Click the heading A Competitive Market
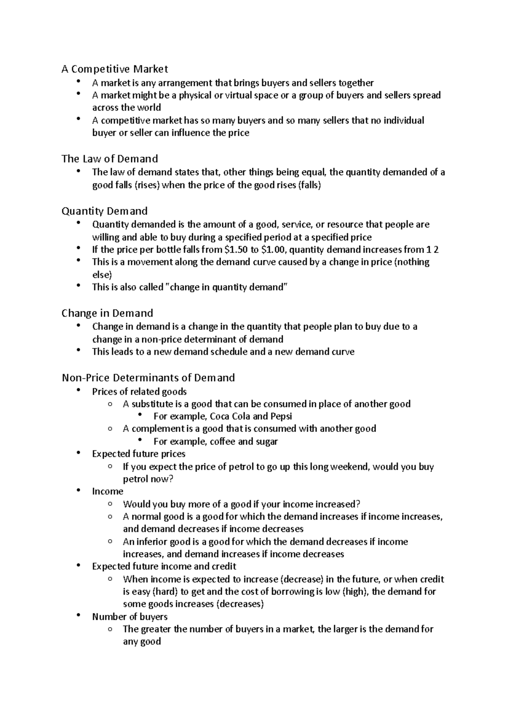coord(115,69)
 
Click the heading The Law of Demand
coord(110,159)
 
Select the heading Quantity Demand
coord(105,211)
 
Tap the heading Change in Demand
coord(107,313)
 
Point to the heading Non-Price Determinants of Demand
coord(148,378)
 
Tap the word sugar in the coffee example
coord(267,442)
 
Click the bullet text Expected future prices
coord(139,454)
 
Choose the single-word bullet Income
coord(108,491)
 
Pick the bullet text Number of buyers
coord(130,617)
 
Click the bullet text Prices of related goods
coord(139,392)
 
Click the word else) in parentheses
coord(102,274)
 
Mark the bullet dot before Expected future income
coord(78,566)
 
